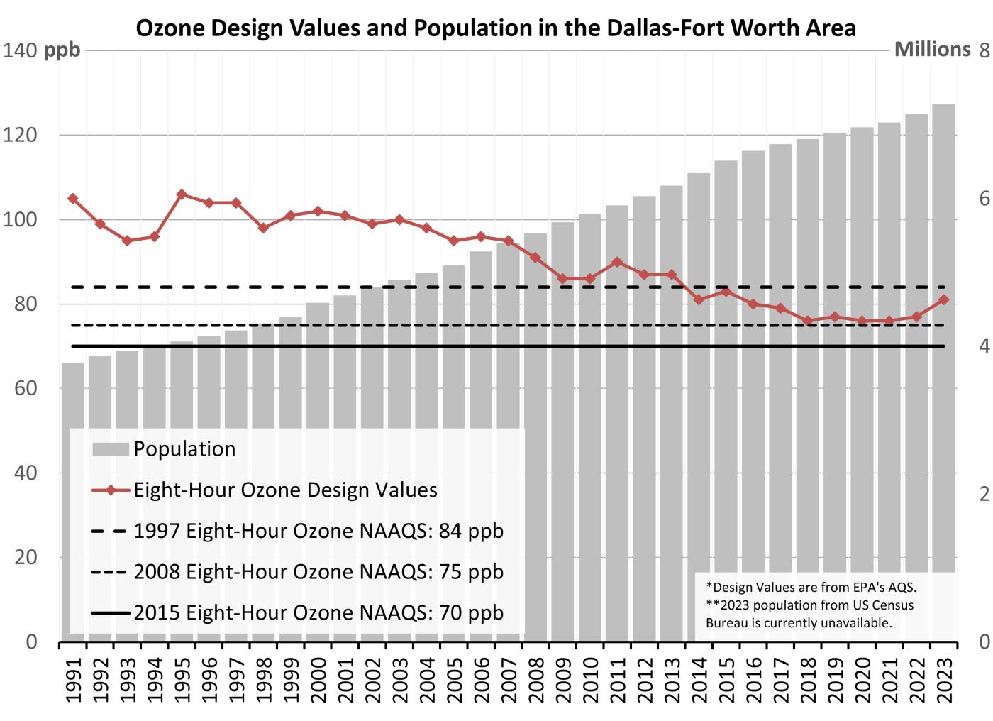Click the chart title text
496,28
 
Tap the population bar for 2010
589,426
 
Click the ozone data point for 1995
182,194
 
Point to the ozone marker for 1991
72,199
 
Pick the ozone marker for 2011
617,262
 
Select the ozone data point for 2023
943,300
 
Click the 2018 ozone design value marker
807,321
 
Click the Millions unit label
932,50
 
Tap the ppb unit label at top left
62,50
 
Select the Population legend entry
184,449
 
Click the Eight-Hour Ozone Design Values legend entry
285,490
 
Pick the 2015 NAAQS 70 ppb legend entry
318,612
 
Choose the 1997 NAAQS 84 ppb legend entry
318,531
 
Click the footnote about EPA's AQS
811,587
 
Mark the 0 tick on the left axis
31,642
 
